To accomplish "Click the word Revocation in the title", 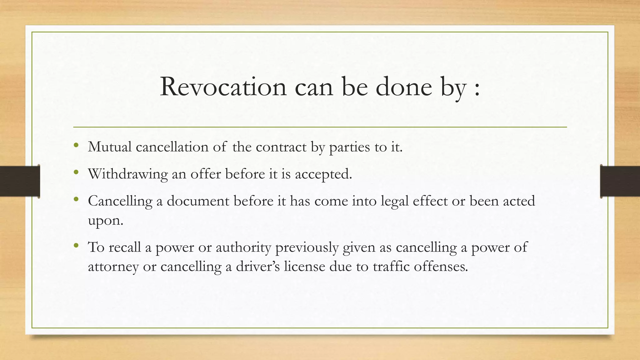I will click(x=223, y=87).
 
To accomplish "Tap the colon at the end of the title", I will click(x=477, y=89).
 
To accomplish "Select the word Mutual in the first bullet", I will click(x=110, y=147).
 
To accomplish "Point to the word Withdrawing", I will click(x=128, y=174).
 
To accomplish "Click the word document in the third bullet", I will click(x=198, y=201).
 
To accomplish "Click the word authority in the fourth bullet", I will click(x=243, y=247).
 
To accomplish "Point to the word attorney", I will click(x=113, y=267).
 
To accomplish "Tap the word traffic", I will click(x=391, y=267).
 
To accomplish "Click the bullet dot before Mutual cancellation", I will click(x=76, y=145).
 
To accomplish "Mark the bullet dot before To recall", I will click(x=76, y=246).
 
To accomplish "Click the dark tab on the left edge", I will click(x=20, y=181).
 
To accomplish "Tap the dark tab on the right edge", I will click(x=620, y=181).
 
